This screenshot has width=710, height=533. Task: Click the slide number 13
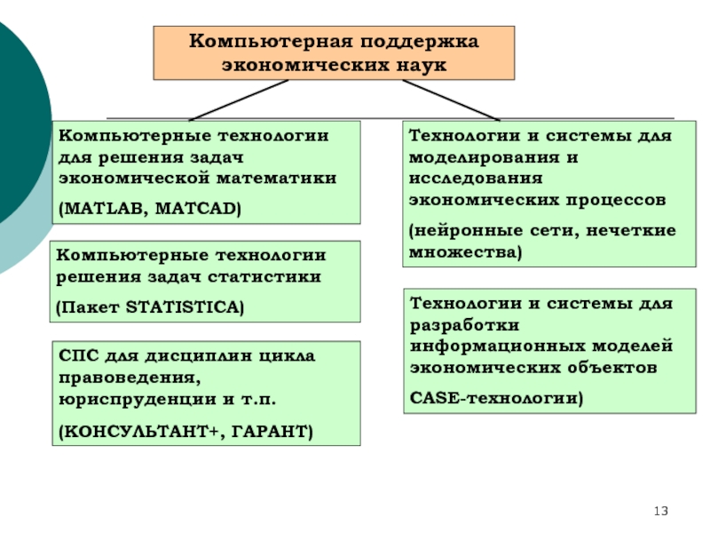click(660, 512)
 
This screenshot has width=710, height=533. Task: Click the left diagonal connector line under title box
click(238, 100)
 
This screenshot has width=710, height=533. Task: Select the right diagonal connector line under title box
click(451, 100)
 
